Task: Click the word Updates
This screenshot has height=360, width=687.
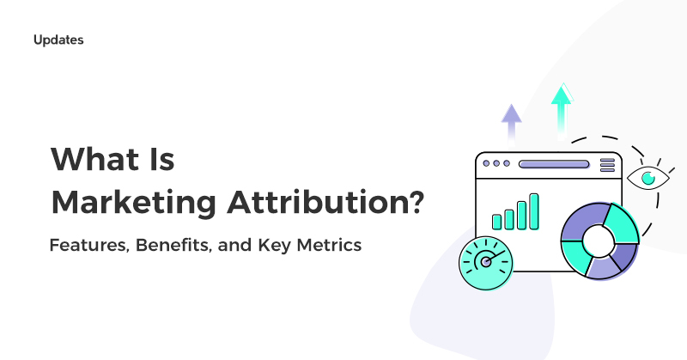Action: pos(58,40)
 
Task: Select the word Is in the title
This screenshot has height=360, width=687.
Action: pos(160,161)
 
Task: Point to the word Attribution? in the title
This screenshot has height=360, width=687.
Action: pos(325,204)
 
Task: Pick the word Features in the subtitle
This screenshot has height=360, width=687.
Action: pos(86,246)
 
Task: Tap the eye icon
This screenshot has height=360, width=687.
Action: pos(647,179)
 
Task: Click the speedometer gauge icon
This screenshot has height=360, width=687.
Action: pos(486,261)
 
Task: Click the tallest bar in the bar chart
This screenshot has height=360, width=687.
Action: pos(534,211)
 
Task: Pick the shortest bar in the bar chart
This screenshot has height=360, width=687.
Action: pos(496,221)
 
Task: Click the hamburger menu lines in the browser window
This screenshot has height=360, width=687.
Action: pos(607,163)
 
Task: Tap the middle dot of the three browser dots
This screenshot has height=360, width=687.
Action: pos(497,163)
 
